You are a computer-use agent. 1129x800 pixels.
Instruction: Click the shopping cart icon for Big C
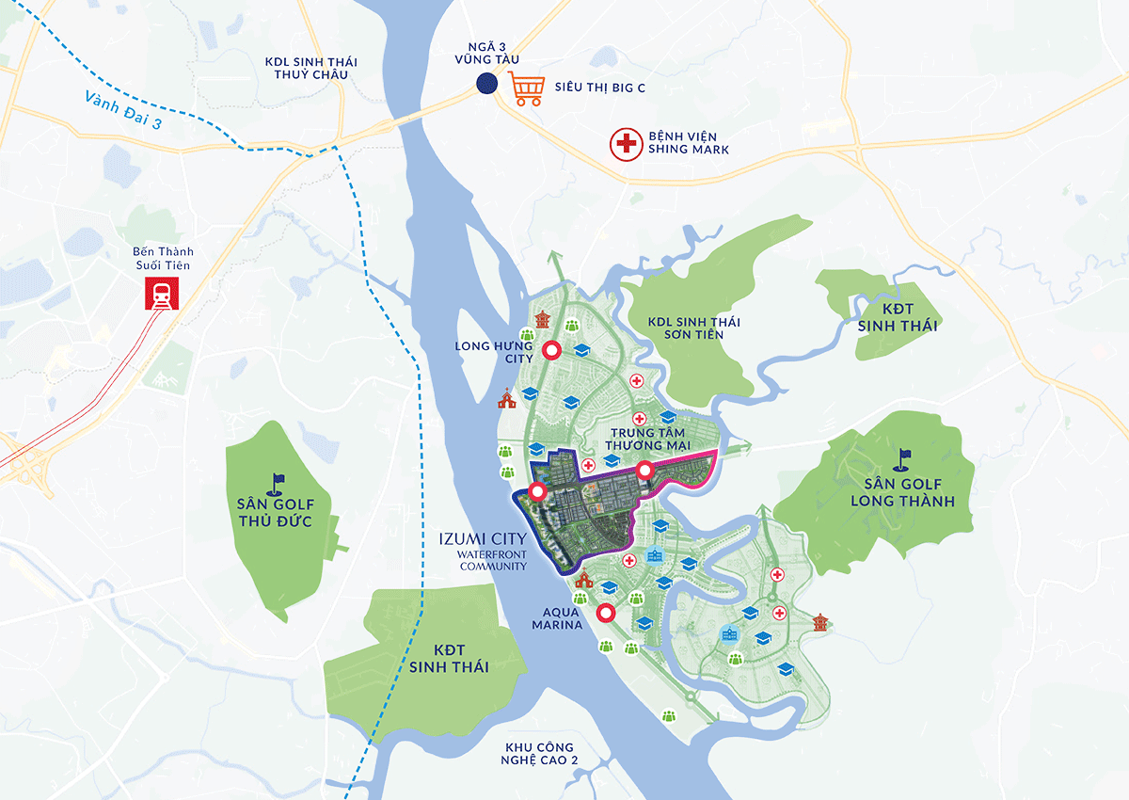pos(527,88)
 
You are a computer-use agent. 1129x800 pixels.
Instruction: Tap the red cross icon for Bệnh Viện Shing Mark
pos(624,144)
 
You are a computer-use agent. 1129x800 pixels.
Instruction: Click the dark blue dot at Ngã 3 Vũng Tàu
pos(486,84)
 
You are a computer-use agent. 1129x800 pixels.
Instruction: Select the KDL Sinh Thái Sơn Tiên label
pos(693,328)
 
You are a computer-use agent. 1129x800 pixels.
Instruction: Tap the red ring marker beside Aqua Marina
pos(607,614)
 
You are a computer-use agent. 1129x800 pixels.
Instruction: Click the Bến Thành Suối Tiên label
pos(161,259)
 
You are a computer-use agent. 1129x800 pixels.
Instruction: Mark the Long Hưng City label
pos(494,352)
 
